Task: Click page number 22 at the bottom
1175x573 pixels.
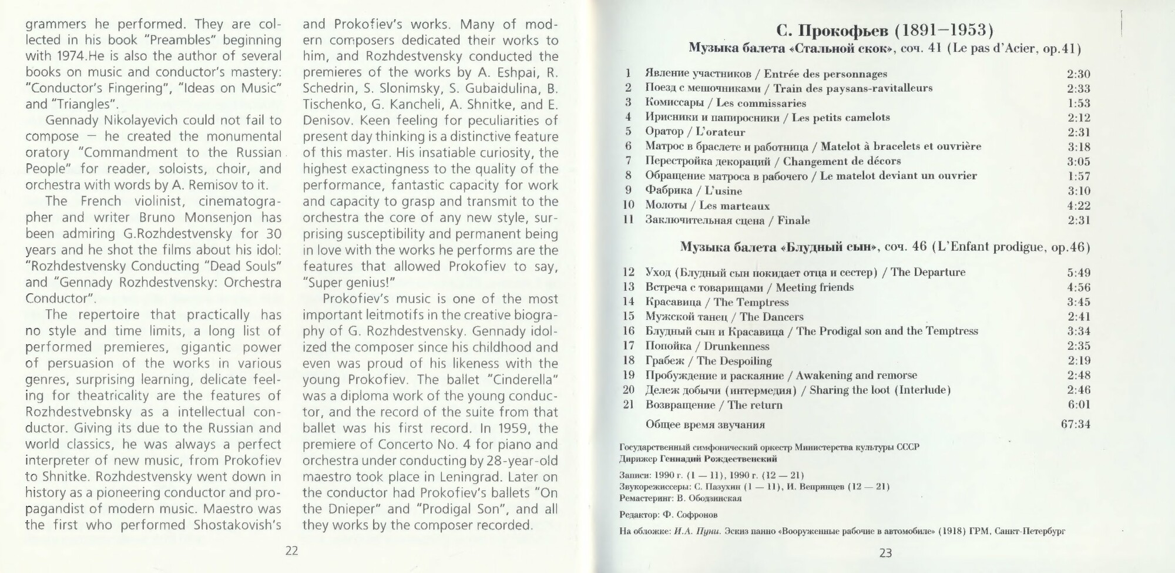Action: click(291, 551)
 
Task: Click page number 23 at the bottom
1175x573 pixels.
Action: click(885, 553)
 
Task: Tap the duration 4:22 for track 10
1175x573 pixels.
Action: click(1078, 206)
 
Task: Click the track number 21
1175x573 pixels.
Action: click(629, 405)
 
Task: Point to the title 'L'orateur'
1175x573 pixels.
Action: click(720, 132)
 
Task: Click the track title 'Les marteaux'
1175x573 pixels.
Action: click(734, 206)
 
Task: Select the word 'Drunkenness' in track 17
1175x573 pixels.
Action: click(737, 346)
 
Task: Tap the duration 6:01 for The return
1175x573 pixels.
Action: click(1078, 405)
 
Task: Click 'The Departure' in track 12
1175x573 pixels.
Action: click(928, 272)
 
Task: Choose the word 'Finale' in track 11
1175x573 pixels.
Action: click(794, 220)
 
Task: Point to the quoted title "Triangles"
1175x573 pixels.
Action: click(80, 105)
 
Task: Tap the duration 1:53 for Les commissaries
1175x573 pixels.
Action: click(1078, 103)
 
